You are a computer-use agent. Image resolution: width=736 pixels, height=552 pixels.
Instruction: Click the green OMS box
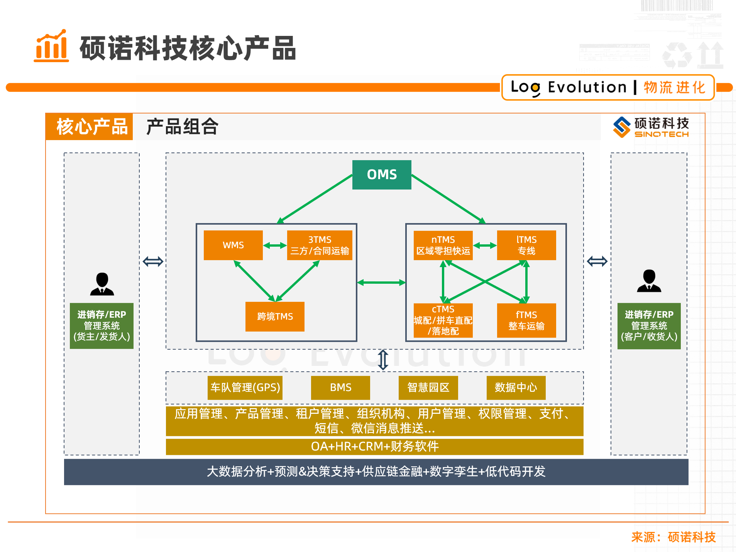click(x=381, y=174)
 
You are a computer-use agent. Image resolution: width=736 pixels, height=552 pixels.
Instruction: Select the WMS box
click(x=233, y=245)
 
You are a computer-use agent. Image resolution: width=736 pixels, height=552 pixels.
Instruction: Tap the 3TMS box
click(x=320, y=245)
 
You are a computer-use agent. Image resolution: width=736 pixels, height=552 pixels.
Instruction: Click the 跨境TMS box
click(x=275, y=317)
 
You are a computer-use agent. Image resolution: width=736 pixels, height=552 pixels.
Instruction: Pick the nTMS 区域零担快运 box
click(x=443, y=245)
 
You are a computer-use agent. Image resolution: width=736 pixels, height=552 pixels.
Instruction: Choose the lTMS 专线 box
click(x=526, y=245)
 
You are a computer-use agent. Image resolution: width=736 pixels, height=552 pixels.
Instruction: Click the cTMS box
click(x=443, y=320)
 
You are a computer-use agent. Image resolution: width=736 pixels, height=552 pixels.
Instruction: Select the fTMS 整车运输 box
click(x=526, y=320)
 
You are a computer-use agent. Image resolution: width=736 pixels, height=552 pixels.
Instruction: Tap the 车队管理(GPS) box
click(x=245, y=387)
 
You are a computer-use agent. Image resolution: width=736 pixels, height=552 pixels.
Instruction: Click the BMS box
click(x=340, y=387)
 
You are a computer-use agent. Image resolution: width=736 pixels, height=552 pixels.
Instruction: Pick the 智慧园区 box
click(x=428, y=387)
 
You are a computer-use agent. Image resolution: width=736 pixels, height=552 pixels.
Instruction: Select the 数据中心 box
click(x=516, y=387)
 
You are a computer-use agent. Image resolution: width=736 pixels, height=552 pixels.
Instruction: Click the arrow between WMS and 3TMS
click(x=275, y=246)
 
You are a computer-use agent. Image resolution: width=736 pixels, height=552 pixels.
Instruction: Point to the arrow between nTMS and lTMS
click(x=485, y=246)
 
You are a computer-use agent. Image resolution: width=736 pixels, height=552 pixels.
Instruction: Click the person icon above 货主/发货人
click(x=102, y=284)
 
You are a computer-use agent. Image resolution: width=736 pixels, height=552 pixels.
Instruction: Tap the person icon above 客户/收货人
click(x=649, y=281)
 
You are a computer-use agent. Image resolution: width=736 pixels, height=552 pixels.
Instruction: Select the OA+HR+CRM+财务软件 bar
click(x=374, y=447)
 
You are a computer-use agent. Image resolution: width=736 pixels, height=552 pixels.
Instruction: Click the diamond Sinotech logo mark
click(x=621, y=127)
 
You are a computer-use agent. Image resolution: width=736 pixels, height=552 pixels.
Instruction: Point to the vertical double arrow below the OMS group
click(x=383, y=360)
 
